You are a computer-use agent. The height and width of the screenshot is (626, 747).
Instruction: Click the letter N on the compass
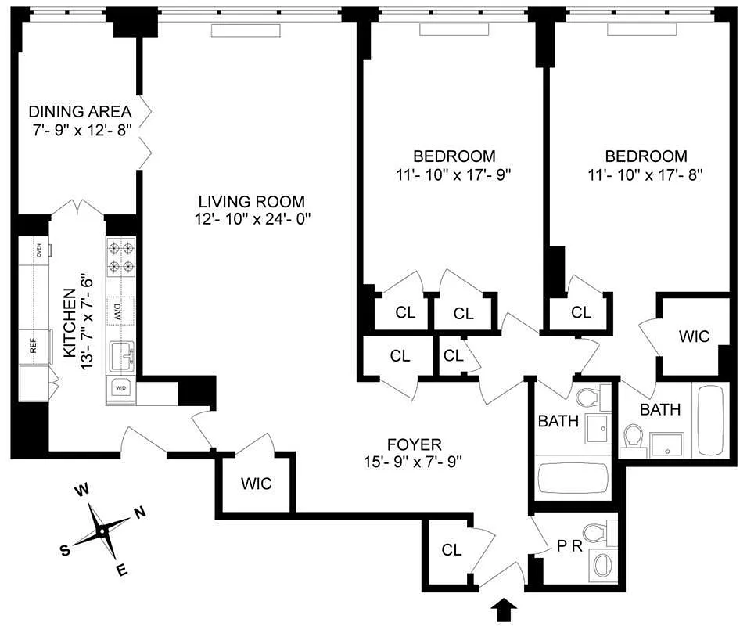[x=140, y=513]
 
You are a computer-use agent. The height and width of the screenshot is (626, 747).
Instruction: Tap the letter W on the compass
[x=80, y=491]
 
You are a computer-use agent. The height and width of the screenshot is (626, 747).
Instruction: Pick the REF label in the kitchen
[x=34, y=346]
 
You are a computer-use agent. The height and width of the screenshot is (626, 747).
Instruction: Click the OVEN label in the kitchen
[x=38, y=250]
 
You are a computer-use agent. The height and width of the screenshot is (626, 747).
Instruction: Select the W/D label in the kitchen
[x=121, y=387]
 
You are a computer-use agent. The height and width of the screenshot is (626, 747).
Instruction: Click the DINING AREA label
[x=79, y=111]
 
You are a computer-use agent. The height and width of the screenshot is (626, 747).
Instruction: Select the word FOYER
[x=414, y=443]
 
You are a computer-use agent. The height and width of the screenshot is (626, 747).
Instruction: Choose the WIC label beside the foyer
[x=256, y=484]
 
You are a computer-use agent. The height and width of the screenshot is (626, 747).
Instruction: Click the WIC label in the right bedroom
[x=693, y=336]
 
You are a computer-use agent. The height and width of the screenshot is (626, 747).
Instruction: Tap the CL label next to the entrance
[x=451, y=550]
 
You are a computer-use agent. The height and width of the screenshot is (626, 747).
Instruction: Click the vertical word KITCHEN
[x=69, y=323]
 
